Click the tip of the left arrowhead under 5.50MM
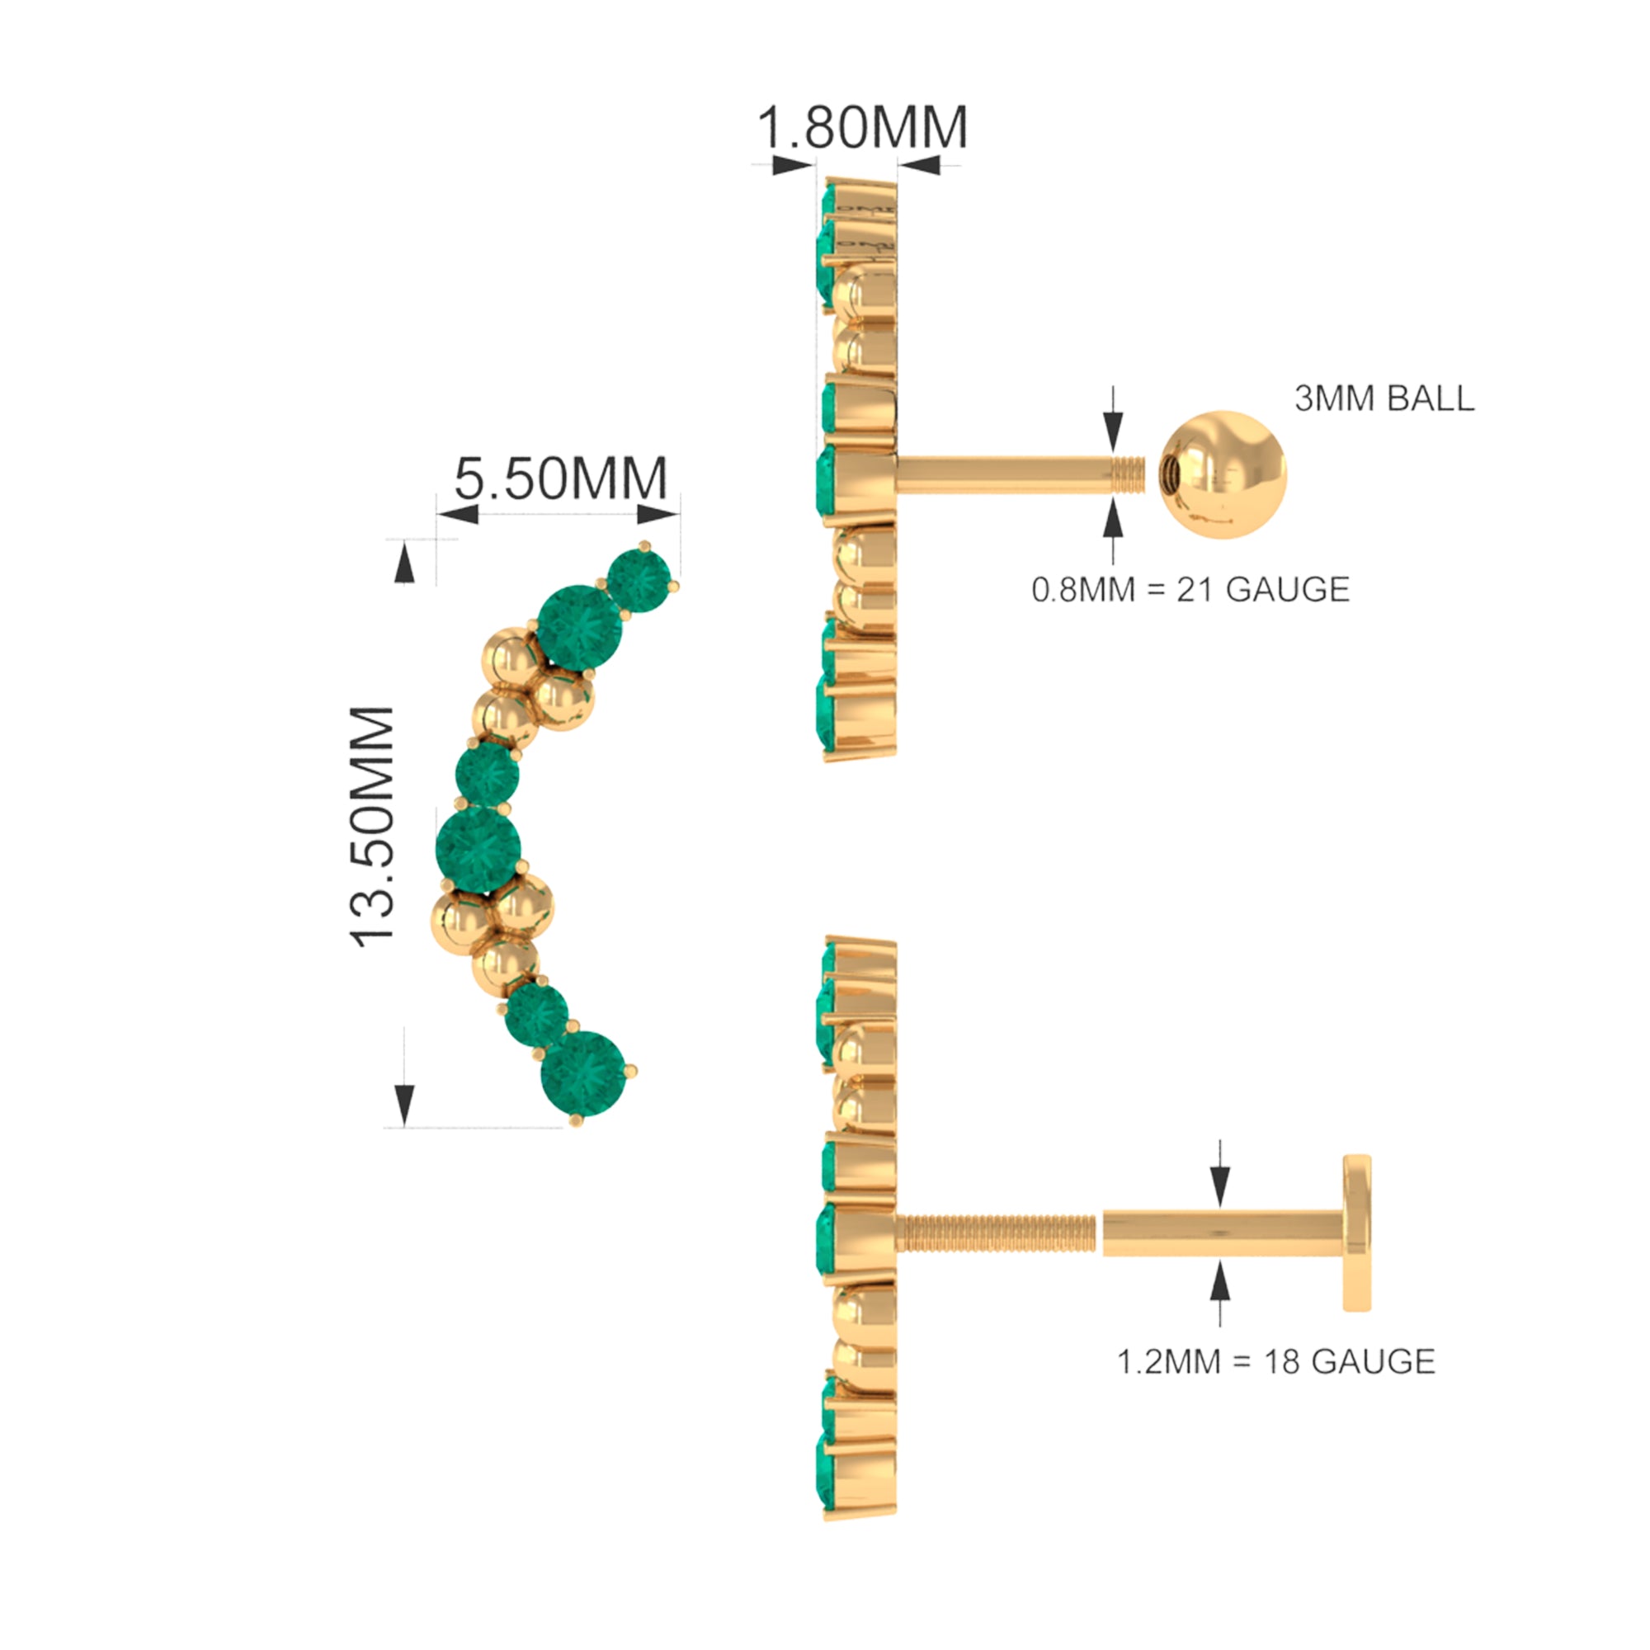(438, 513)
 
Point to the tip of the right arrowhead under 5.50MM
(680, 513)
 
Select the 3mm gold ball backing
(1222, 474)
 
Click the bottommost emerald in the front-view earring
(582, 1074)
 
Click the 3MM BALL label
(1384, 398)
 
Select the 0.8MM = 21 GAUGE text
(1190, 589)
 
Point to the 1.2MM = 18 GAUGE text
(1276, 1361)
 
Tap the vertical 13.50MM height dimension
(372, 827)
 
